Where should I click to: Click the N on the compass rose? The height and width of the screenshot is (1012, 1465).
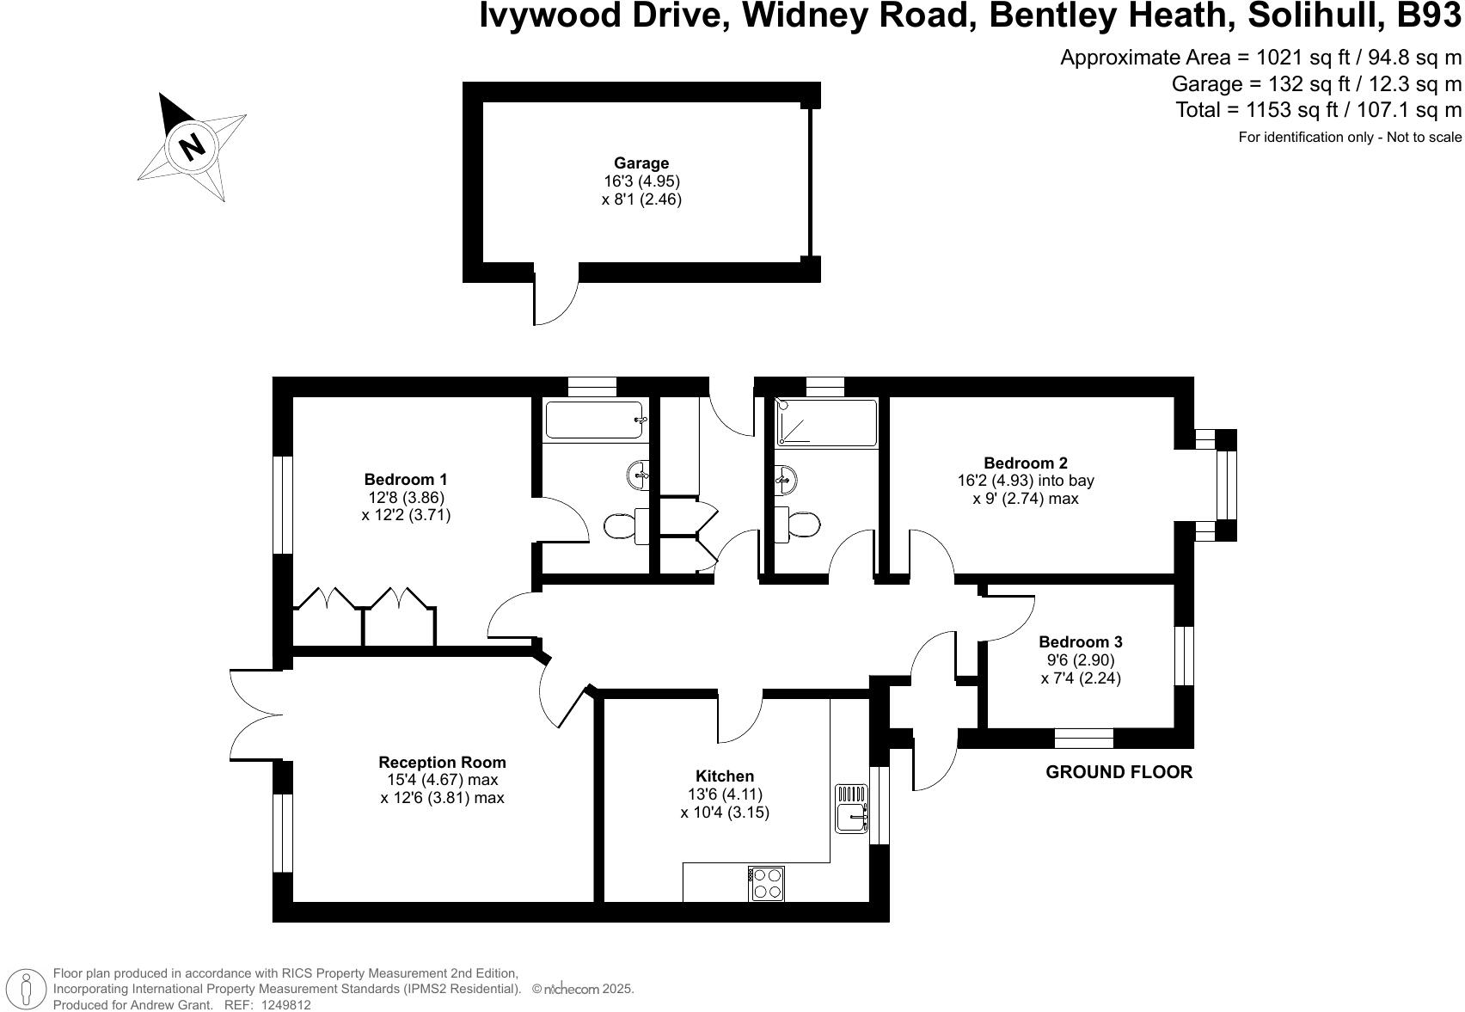(193, 146)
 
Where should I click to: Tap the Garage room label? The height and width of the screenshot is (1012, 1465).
(641, 163)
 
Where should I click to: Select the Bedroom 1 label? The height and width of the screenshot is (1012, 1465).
(406, 480)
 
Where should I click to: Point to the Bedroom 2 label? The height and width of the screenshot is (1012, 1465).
(1026, 463)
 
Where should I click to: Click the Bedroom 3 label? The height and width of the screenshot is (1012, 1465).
(1081, 642)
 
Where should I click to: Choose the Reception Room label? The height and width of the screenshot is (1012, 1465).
(442, 762)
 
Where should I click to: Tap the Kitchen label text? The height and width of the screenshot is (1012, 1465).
(725, 776)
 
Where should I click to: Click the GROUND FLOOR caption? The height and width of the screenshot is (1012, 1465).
(1119, 772)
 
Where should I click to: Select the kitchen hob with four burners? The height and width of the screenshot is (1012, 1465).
(767, 883)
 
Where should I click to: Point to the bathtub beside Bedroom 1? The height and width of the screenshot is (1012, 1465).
(594, 421)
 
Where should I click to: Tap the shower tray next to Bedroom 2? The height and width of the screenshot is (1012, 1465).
(825, 422)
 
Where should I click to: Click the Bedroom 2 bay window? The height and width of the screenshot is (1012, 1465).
(1227, 486)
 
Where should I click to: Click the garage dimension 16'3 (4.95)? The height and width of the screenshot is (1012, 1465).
(641, 181)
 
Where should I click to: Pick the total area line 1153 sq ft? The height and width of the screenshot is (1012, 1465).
(1318, 110)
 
